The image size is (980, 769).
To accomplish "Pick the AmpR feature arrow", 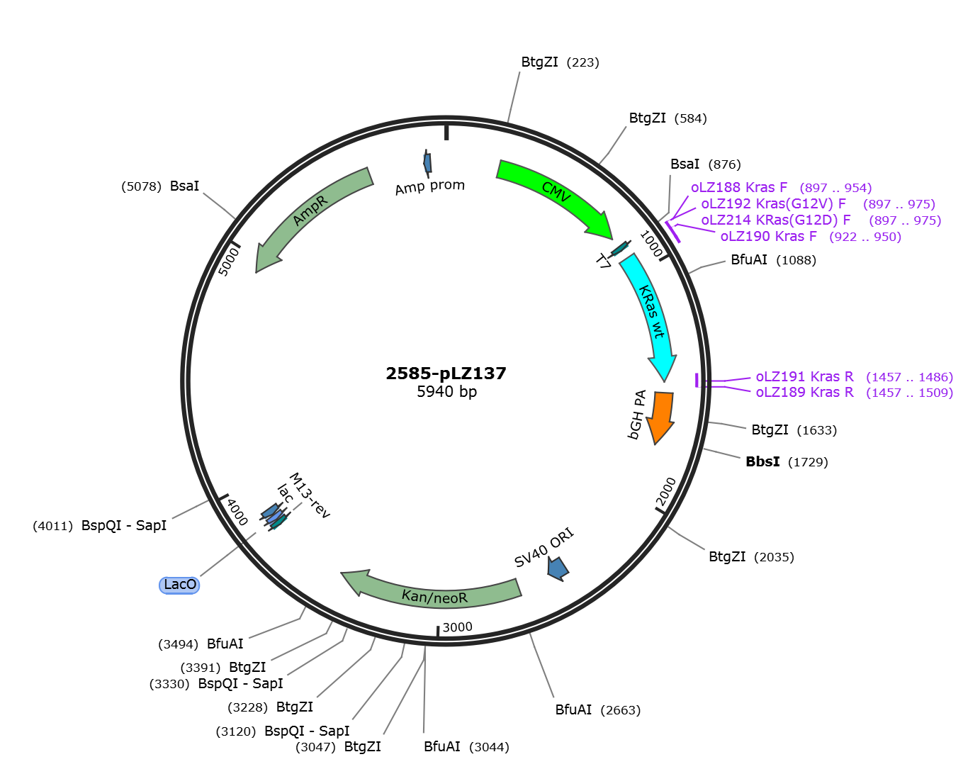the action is click(311, 212).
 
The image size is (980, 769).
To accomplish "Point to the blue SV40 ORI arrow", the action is click(558, 568).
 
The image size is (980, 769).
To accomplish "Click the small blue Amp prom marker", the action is click(427, 162).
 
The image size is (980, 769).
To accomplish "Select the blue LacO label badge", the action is click(179, 585).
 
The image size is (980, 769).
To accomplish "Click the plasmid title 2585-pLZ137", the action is click(446, 374).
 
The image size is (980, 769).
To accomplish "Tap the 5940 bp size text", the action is click(446, 391).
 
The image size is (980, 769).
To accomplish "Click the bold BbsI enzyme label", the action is click(762, 461).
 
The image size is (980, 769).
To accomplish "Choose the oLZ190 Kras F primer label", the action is click(769, 236).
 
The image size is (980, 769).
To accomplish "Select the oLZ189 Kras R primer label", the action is click(804, 393).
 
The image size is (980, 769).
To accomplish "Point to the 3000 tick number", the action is click(457, 627).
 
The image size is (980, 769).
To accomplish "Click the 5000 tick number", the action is click(228, 262).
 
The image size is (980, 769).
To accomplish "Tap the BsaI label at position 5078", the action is click(184, 186).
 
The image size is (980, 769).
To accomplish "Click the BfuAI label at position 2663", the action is click(573, 710).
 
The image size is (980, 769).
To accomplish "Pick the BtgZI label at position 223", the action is click(539, 62).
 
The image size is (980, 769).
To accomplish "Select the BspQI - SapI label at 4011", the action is click(123, 525).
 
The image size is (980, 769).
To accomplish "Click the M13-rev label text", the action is click(310, 495).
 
